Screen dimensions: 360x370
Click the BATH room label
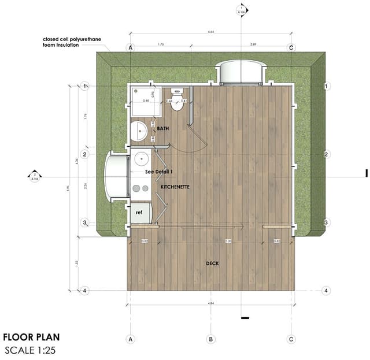point(162,129)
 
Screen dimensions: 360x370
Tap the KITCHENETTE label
point(167,187)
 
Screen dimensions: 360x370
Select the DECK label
point(212,263)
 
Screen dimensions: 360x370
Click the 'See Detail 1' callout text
point(159,172)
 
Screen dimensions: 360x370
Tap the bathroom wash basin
point(139,131)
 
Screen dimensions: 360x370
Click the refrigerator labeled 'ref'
point(139,213)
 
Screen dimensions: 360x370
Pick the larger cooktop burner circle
point(135,188)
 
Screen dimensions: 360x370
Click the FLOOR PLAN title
point(31,337)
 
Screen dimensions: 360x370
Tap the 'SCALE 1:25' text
point(30,350)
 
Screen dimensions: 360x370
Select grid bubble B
point(212,339)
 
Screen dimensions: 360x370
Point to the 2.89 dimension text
point(253,43)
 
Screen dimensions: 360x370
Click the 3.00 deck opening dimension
point(212,241)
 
